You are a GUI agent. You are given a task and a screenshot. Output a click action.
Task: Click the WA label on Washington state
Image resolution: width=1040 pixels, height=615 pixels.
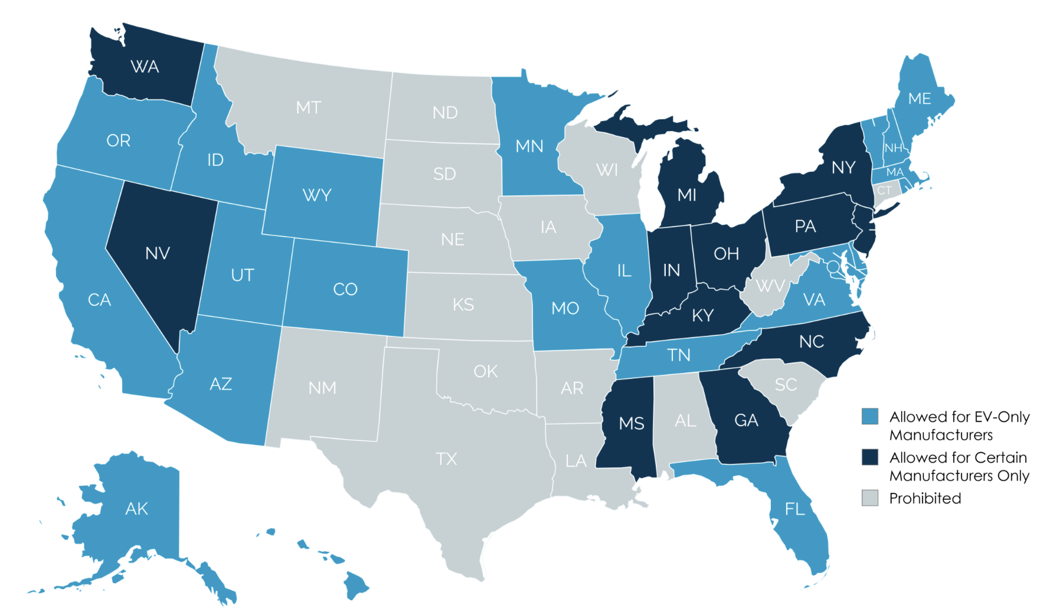click(145, 67)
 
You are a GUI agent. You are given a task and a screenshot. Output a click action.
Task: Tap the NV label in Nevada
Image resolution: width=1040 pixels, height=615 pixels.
click(158, 253)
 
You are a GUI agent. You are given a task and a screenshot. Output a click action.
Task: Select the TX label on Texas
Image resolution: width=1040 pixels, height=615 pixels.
click(446, 459)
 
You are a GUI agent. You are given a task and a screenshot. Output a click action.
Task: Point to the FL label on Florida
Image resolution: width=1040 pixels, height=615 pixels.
click(795, 508)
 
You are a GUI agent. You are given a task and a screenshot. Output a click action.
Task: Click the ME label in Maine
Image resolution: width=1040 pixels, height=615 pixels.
click(920, 99)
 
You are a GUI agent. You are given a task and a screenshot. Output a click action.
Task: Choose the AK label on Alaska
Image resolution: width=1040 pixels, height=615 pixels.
click(136, 508)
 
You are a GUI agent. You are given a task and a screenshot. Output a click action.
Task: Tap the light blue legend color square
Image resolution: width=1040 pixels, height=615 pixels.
click(870, 416)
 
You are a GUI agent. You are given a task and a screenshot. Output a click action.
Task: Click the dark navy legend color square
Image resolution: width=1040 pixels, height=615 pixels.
click(870, 457)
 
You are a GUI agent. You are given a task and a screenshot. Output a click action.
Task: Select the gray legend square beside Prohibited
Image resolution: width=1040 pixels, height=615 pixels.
click(870, 498)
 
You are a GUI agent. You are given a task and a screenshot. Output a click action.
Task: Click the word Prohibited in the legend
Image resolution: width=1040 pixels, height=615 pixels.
click(925, 498)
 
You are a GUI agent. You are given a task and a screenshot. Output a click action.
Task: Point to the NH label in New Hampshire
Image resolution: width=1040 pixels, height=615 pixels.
click(893, 148)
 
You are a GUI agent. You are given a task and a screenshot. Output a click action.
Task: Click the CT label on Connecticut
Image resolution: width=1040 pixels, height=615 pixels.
click(884, 190)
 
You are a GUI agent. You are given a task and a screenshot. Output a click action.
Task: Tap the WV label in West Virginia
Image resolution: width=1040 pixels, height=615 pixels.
click(770, 286)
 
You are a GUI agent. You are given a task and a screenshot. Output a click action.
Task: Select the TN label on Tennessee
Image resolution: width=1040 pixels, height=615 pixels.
click(679, 355)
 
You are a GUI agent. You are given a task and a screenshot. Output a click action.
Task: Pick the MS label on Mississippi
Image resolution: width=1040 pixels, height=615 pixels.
click(632, 423)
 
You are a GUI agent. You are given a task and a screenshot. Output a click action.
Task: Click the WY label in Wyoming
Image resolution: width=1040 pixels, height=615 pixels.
click(317, 195)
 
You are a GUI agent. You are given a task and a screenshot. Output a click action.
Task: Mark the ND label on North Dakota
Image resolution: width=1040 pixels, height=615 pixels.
click(445, 112)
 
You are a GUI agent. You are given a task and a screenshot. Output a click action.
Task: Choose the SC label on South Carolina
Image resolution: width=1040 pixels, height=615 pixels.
click(786, 385)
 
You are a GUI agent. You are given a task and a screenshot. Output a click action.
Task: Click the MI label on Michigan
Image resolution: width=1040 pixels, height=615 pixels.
click(687, 195)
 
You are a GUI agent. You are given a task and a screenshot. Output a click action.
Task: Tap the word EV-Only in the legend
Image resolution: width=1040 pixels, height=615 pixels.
click(1002, 417)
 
